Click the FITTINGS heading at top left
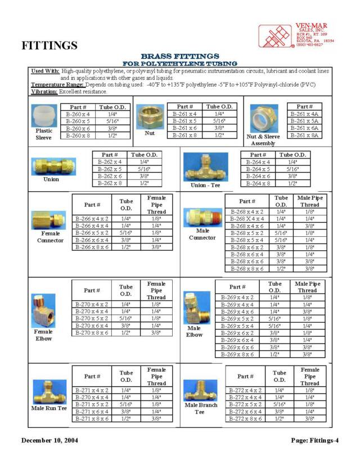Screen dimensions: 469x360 click(x=49, y=45)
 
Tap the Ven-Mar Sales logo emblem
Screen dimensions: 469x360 click(x=275, y=35)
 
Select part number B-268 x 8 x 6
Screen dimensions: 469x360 click(x=247, y=269)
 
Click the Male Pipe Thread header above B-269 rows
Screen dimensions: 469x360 click(x=308, y=287)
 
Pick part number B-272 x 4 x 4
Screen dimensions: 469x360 click(x=245, y=397)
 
